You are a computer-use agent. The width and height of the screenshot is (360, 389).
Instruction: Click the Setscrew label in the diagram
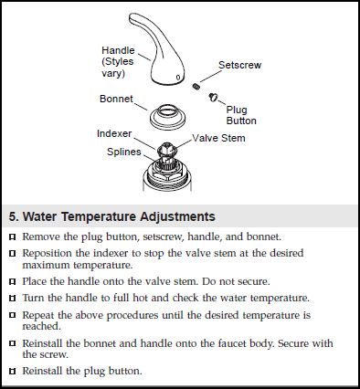(x=239, y=65)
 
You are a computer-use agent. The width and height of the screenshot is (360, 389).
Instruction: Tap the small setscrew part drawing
(x=196, y=87)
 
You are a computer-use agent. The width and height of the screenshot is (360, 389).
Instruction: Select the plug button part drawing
(x=213, y=97)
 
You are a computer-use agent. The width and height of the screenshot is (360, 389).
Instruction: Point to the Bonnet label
(x=116, y=99)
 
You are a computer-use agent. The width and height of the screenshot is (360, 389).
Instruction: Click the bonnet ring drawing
(x=167, y=118)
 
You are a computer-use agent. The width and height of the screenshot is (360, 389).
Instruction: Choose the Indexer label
(x=114, y=133)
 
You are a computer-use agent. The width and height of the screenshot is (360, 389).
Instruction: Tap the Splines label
(x=124, y=152)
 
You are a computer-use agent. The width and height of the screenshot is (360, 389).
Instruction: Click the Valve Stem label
(x=218, y=138)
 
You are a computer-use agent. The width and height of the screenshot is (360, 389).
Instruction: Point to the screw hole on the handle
(x=178, y=78)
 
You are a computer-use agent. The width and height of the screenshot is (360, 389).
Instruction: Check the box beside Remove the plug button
(x=13, y=237)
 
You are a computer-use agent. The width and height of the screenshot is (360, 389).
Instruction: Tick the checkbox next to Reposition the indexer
(x=13, y=253)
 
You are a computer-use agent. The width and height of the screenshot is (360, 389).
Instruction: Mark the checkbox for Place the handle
(x=13, y=282)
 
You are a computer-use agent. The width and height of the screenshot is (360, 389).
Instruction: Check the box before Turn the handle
(x=13, y=299)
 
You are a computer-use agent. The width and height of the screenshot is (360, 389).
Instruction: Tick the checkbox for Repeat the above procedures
(x=13, y=315)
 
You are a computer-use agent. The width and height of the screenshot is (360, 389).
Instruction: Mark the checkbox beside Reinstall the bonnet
(x=13, y=343)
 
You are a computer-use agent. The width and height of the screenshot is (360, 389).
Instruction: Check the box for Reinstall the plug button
(x=13, y=372)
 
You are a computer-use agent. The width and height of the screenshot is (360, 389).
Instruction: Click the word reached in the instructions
(x=41, y=326)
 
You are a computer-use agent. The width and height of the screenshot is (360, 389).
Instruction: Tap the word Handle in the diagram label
(x=118, y=50)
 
